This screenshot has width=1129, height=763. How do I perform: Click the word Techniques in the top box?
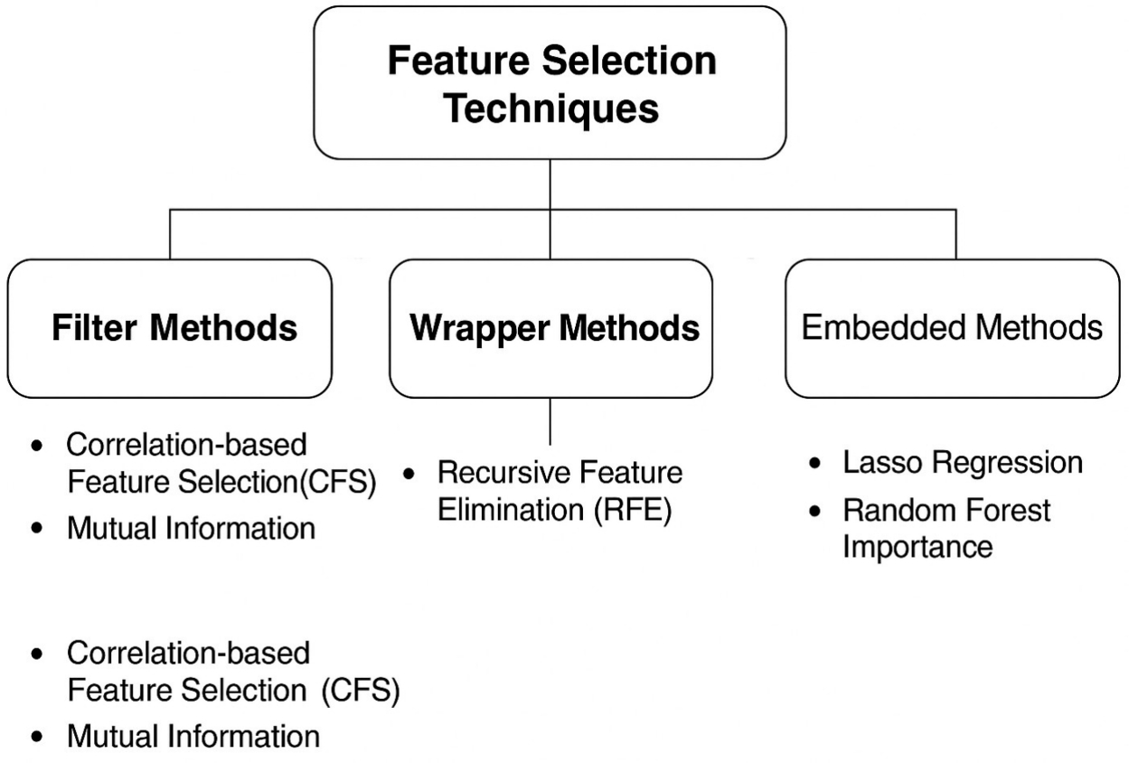pyautogui.click(x=553, y=108)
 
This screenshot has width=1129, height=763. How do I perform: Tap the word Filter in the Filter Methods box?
pyautogui.click(x=96, y=328)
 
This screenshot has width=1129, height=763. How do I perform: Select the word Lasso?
pyautogui.click(x=881, y=463)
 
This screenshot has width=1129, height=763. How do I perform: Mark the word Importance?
pyautogui.click(x=917, y=546)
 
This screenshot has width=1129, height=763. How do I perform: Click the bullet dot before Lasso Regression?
pyautogui.click(x=816, y=464)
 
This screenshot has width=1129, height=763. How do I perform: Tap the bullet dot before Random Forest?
pyautogui.click(x=816, y=511)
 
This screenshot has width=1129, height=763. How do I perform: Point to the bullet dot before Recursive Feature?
pyautogui.click(x=409, y=473)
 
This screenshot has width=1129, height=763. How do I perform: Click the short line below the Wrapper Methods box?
pyautogui.click(x=550, y=422)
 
